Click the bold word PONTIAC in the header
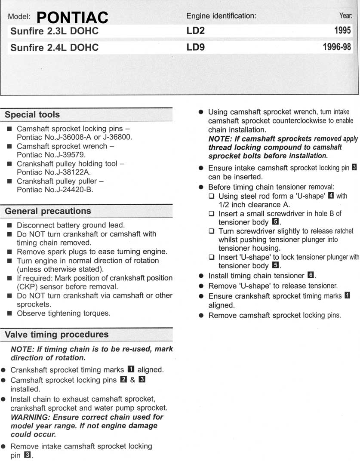(72, 18)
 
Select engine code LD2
(195, 31)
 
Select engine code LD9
(195, 47)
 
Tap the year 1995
(342, 31)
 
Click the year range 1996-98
(337, 47)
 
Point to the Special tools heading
(32, 115)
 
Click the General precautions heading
(48, 211)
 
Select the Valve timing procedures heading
(56, 335)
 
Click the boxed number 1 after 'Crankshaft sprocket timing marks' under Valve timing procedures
(131, 369)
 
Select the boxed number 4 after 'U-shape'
(331, 196)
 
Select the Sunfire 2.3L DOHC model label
(55, 31)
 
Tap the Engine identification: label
(221, 16)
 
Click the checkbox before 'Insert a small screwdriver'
(211, 214)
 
